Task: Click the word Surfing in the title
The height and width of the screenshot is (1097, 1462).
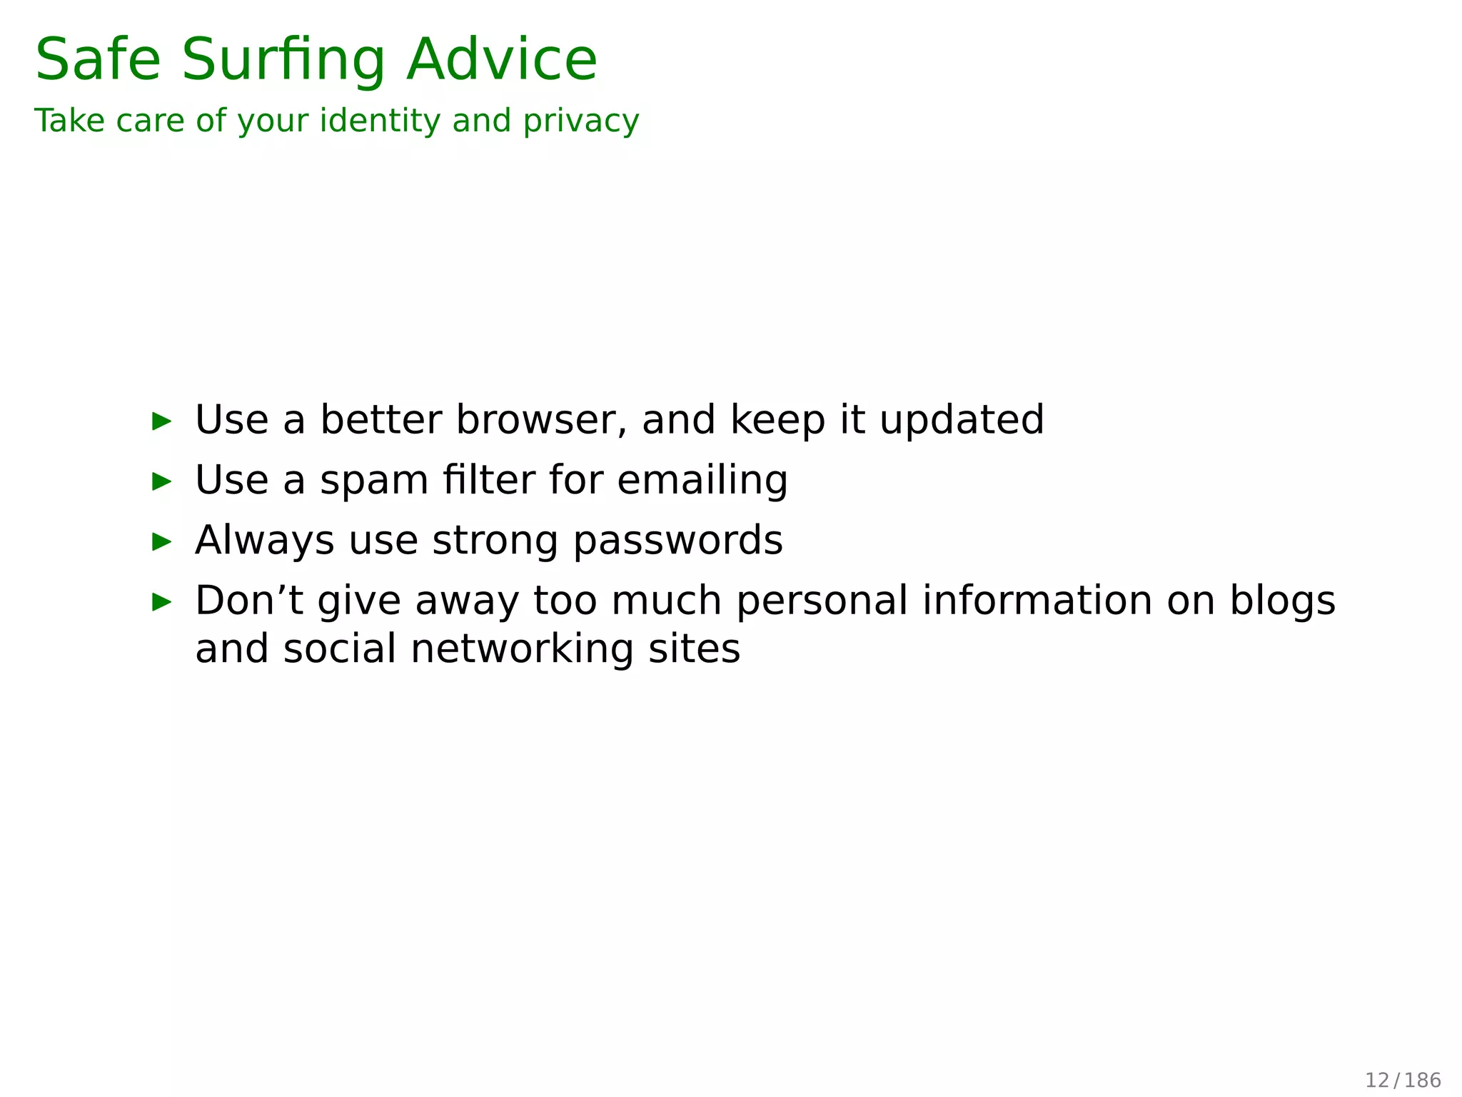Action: (283, 61)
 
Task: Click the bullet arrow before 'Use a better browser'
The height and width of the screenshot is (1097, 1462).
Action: (162, 421)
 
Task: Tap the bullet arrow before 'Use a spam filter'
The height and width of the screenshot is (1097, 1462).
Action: (162, 481)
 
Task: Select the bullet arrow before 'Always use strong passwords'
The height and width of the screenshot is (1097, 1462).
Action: (162, 542)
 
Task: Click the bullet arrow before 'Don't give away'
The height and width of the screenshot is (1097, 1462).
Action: (162, 602)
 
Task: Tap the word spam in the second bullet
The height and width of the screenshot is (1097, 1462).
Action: (373, 481)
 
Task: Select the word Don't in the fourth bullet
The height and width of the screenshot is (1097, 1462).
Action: (248, 600)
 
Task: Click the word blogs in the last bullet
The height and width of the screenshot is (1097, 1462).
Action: (1281, 601)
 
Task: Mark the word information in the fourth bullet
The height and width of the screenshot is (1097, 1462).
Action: (1037, 600)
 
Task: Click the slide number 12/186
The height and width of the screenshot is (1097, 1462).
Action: (1403, 1080)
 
